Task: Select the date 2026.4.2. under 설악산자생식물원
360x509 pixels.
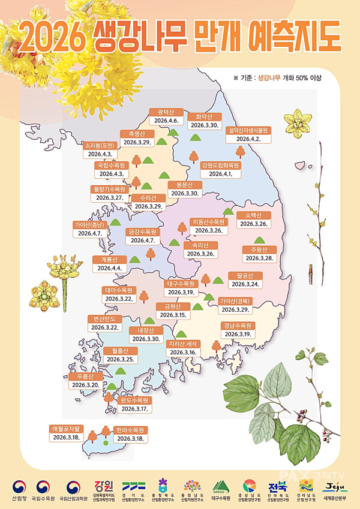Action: coord(249,138)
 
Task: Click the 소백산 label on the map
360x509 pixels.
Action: coord(253,215)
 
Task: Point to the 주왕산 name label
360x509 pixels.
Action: coord(259,249)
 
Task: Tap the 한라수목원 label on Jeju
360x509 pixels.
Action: coord(130,430)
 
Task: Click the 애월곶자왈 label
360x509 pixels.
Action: coord(66,429)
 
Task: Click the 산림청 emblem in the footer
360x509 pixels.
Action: coord(19,486)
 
